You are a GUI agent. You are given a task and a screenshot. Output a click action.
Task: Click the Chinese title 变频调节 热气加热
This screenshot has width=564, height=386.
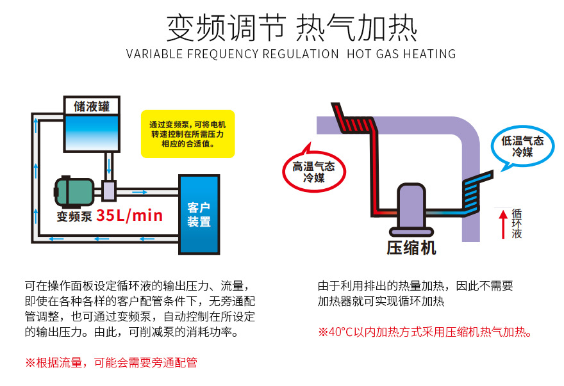(x=292, y=28)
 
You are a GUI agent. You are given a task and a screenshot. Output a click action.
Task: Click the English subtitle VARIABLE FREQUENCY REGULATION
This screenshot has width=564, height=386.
(x=232, y=54)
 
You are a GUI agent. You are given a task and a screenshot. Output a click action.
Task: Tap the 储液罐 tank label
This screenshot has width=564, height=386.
(x=92, y=106)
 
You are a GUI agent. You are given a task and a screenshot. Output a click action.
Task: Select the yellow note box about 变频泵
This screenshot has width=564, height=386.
(x=188, y=135)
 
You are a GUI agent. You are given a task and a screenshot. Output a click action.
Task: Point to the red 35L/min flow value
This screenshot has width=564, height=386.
(x=129, y=215)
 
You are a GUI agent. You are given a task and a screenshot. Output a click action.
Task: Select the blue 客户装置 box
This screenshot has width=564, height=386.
(x=199, y=214)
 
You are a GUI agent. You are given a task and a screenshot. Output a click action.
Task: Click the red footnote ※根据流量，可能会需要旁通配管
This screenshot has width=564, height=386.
(x=111, y=362)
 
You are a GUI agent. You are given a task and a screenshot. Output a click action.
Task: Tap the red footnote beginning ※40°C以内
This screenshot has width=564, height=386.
(x=426, y=332)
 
